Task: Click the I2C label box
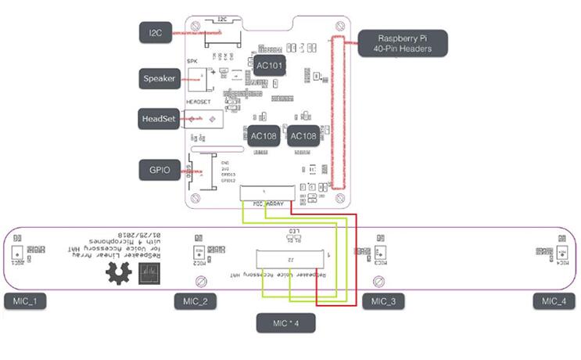coord(154,33)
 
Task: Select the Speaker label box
coord(158,77)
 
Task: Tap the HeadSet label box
coord(159,117)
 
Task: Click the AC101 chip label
coord(271,66)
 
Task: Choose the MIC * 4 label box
coord(286,322)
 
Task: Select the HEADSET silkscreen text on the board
coord(198,101)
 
